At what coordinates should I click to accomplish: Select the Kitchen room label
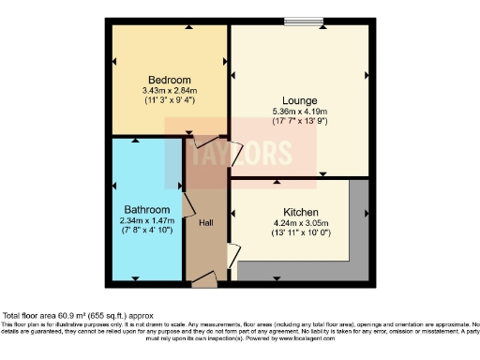pos(298,213)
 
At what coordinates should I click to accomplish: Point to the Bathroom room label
pos(147,209)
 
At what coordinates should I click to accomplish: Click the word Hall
pos(206,222)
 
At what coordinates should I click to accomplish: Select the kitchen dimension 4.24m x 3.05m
pos(298,224)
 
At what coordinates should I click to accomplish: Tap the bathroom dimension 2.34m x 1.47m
pos(147,220)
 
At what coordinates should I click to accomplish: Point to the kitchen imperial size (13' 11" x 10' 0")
pos(298,234)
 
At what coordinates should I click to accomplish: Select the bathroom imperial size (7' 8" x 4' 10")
pos(147,231)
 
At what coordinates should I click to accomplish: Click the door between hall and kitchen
pos(232,256)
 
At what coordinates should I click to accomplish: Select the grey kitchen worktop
pos(356,234)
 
